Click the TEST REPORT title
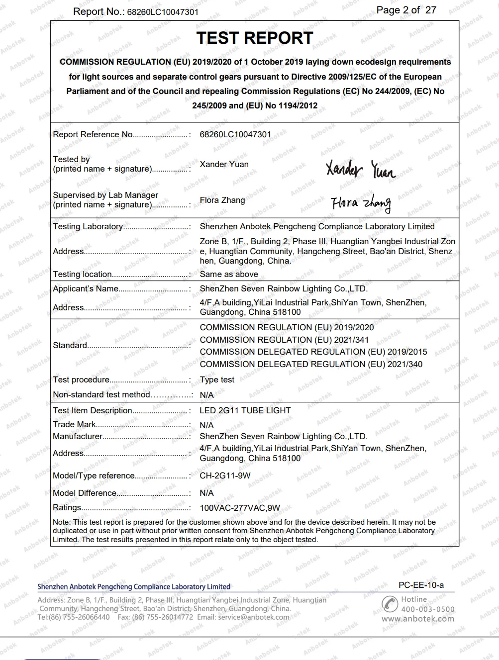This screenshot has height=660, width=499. pos(254,38)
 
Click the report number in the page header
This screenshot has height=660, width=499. pos(163,12)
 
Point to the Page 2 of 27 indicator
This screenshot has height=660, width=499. pos(406,10)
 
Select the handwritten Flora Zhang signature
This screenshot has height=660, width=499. pos(361,203)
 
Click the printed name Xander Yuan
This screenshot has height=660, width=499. pos(224,164)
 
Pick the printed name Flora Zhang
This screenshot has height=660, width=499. pos(222,200)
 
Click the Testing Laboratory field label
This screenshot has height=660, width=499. pos(88,226)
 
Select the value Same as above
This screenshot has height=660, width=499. pos(229,274)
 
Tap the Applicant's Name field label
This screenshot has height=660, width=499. pos(86,288)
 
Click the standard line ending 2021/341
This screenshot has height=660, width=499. pos(284,340)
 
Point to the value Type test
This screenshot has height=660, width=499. pos(217,379)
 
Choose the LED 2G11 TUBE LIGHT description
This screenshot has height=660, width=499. pos(245,410)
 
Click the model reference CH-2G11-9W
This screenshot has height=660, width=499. pos(225,475)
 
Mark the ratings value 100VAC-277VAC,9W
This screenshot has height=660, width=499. pos(240,508)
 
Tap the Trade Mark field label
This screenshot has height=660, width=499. pos(74,424)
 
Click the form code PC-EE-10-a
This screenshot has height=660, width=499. pos(421,585)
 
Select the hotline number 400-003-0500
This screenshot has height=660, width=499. pos(428,609)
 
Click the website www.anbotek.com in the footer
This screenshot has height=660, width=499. pos(418,619)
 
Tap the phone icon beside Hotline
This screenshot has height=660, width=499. pos(390,604)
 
